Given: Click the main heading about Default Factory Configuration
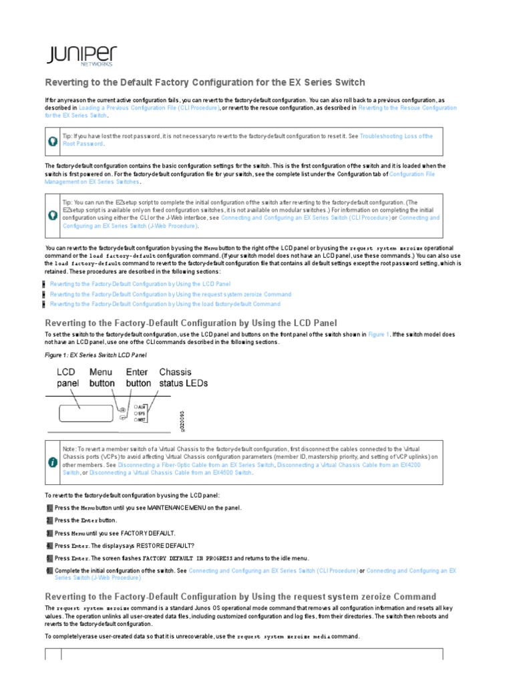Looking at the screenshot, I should pyautogui.click(x=204, y=82).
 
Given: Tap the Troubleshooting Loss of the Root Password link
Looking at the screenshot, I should pyautogui.click(x=396, y=136).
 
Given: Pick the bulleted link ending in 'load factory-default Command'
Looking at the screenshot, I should pyautogui.click(x=165, y=304).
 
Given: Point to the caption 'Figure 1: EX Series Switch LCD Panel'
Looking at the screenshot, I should pyautogui.click(x=96, y=355).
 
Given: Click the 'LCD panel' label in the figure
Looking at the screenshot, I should pyautogui.click(x=67, y=377).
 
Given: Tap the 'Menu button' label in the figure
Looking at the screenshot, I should pyautogui.click(x=102, y=377).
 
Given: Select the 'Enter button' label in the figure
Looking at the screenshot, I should pyautogui.click(x=138, y=377).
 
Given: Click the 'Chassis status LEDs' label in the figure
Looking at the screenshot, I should pyautogui.click(x=184, y=377).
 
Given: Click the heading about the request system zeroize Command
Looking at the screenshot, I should pyautogui.click(x=240, y=596).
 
